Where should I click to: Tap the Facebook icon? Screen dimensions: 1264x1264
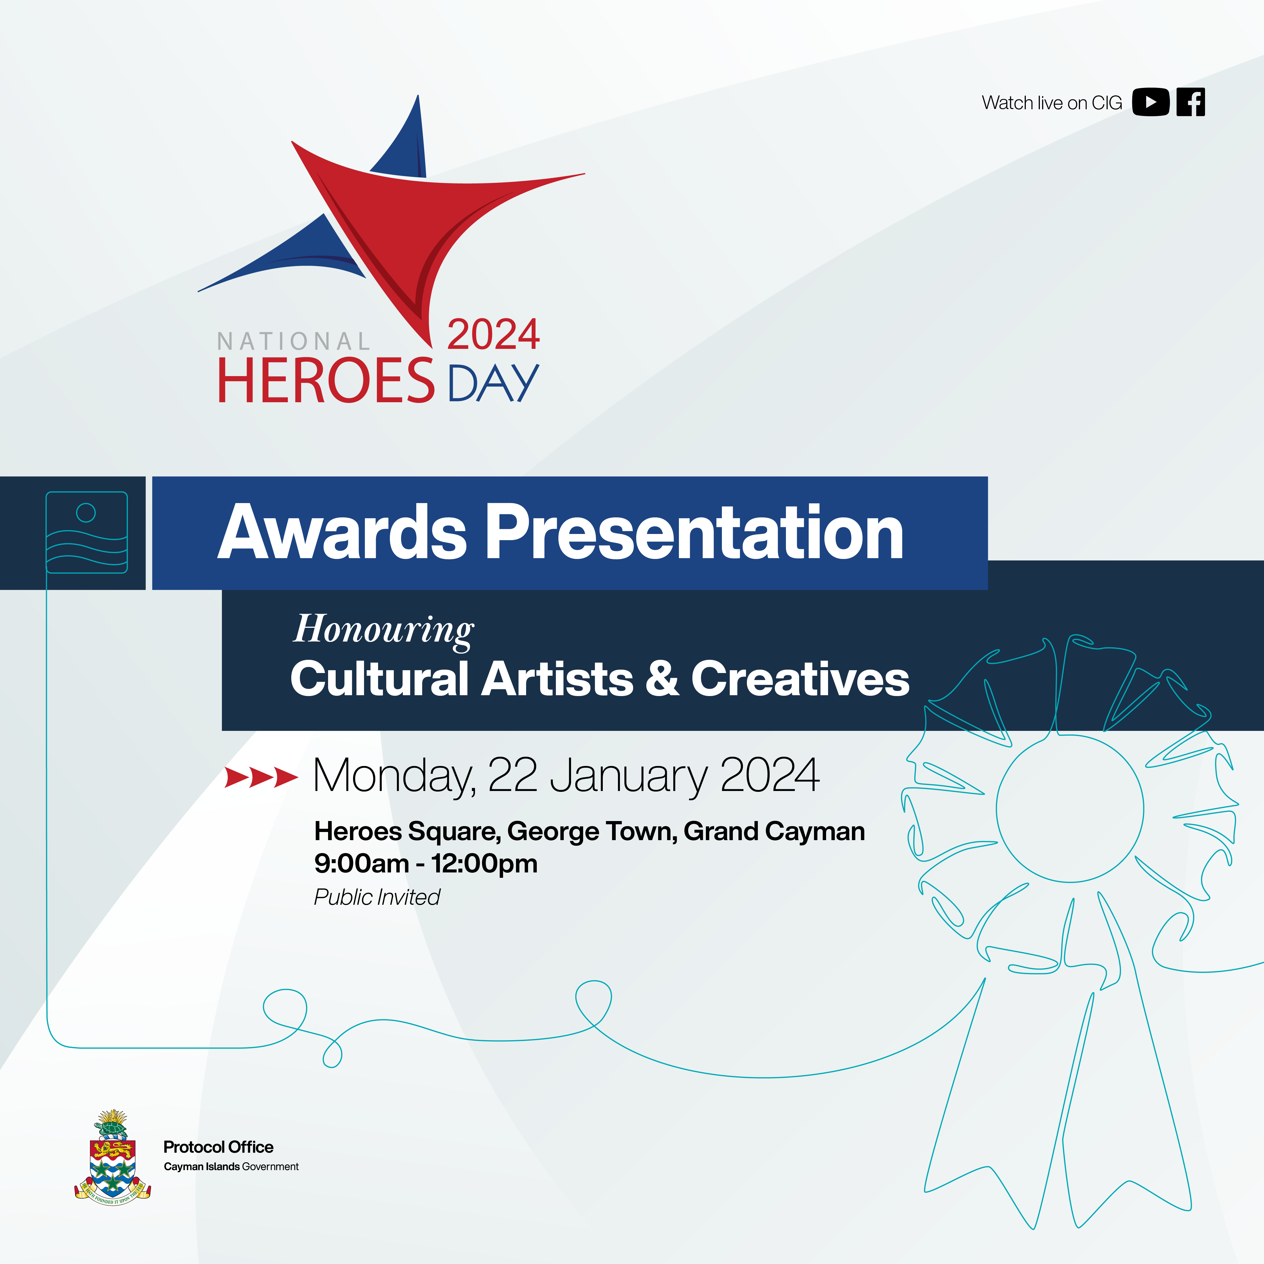pyautogui.click(x=1191, y=102)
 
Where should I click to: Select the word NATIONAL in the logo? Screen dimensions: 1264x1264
pyautogui.click(x=294, y=342)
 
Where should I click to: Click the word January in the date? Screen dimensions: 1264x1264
pyautogui.click(x=629, y=777)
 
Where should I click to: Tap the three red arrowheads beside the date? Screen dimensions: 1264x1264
pyautogui.click(x=261, y=777)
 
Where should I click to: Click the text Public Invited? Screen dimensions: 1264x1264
pyautogui.click(x=377, y=897)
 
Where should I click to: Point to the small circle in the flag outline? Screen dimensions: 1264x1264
pyautogui.click(x=86, y=513)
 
